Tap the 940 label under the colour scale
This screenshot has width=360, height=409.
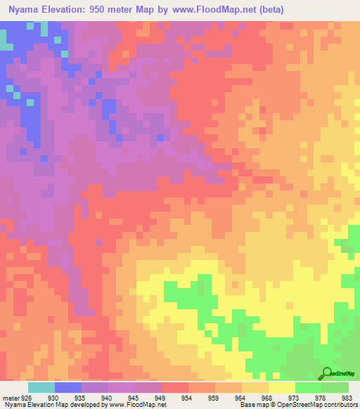pos(108,398)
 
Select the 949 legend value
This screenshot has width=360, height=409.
pos(161,398)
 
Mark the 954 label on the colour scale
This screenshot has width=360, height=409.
pos(188,398)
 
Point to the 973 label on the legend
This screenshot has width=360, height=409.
pos(295,398)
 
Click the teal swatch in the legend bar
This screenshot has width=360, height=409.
pos(41,387)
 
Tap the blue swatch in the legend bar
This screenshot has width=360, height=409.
pos(67,387)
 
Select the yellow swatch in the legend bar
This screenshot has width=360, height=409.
pos(281,387)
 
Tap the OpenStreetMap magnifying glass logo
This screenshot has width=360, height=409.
pos(326,375)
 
